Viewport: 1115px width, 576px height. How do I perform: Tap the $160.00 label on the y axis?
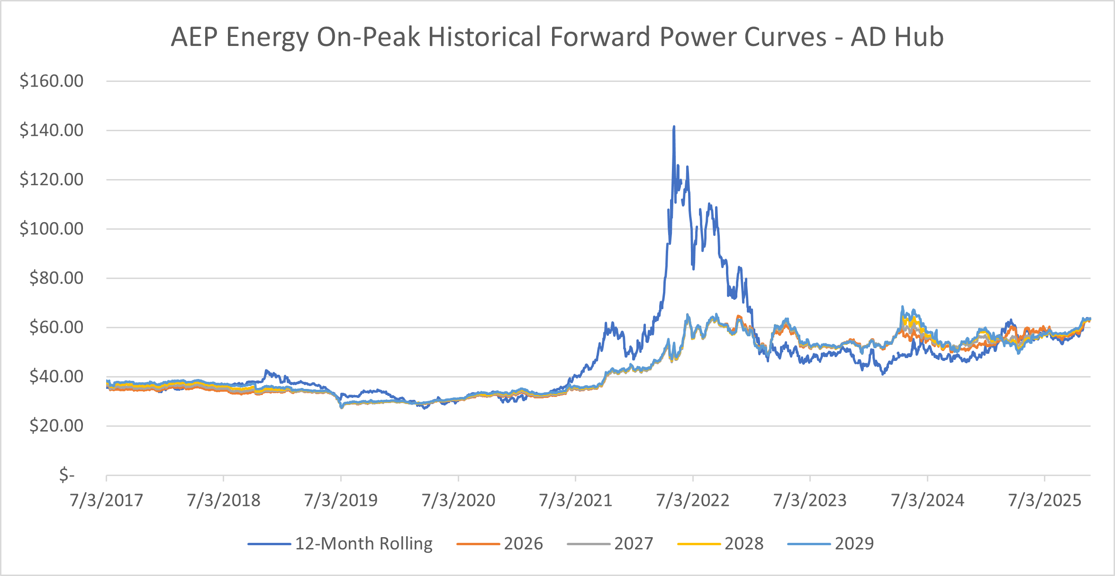(x=51, y=81)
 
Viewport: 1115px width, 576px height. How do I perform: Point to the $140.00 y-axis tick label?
(x=51, y=130)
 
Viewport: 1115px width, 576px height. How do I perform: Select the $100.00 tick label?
(x=51, y=229)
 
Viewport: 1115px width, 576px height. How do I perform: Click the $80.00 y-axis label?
(x=56, y=278)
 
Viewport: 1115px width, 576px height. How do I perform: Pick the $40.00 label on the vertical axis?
(x=56, y=377)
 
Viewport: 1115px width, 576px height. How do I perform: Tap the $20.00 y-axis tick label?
(x=56, y=426)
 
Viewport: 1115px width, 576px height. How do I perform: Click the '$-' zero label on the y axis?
(x=67, y=475)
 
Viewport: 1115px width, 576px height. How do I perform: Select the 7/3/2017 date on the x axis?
(x=106, y=500)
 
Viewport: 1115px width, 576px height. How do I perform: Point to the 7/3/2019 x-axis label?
(x=341, y=500)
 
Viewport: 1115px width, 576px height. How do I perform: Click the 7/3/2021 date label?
(x=575, y=500)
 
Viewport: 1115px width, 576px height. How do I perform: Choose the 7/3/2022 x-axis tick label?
(x=692, y=500)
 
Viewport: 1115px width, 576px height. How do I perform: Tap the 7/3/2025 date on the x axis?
(x=1044, y=500)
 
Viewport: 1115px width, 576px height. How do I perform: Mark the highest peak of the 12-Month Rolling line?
(x=674, y=127)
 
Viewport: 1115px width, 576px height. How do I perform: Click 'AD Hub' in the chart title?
(x=897, y=37)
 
